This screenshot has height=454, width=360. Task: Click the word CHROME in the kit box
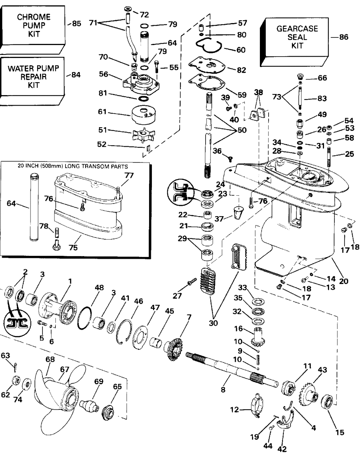pos(34,17)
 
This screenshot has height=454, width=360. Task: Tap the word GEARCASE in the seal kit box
pos(297,29)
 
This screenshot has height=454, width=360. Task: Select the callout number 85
pos(77,23)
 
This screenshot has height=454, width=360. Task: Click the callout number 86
pos(344,37)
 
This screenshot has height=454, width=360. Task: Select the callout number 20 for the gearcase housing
pos(343,281)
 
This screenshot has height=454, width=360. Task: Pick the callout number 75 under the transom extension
pos(73,247)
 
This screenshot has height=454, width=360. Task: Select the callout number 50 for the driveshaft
pos(242,130)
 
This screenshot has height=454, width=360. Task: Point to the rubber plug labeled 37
pos(238,213)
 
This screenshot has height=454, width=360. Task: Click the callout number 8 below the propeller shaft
pos(223,390)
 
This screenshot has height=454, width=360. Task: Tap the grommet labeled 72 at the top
pos(128,9)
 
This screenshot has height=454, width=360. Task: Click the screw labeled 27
pos(192,281)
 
